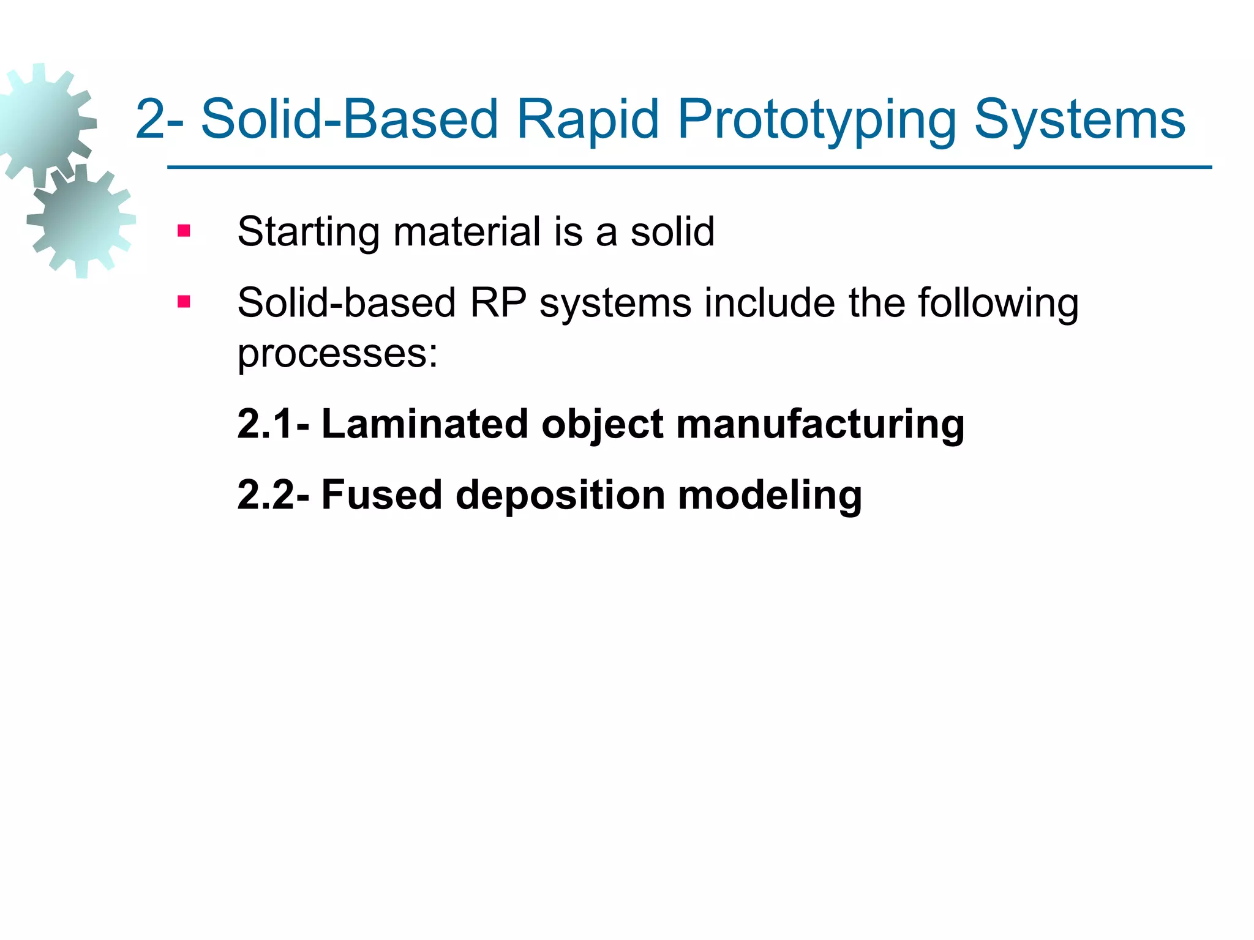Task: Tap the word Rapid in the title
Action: pos(587,120)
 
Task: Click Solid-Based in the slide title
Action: pos(349,120)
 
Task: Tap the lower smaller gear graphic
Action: pos(81,220)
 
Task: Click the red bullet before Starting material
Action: pos(184,231)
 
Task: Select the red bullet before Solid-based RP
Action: pos(184,302)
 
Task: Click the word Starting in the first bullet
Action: pos(308,233)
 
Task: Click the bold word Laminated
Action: pos(424,423)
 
